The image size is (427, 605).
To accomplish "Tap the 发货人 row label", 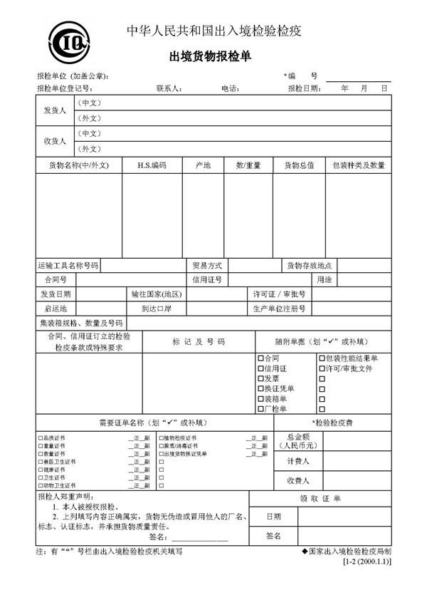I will tap(55, 110).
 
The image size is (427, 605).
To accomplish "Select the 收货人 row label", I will tap(55, 141).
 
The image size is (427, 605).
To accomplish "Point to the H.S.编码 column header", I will tap(152, 165).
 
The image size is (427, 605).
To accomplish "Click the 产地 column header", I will tap(203, 165).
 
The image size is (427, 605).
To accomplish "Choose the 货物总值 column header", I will tap(300, 165).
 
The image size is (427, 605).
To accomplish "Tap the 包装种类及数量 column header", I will tap(358, 165).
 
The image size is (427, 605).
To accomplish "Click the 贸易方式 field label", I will tap(207, 265).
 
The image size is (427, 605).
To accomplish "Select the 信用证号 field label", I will tap(207, 279).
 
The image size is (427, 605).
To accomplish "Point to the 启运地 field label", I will tap(55, 309).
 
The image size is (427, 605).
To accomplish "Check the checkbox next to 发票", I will tap(260, 379).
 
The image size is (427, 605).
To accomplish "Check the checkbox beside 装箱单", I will tap(260, 399).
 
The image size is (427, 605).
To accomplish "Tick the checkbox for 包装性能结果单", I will tap(322, 358).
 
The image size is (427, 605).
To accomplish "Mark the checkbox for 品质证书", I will tap(40, 438).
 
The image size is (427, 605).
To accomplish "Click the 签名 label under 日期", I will tap(274, 535).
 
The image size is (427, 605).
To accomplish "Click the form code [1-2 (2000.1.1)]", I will tap(367, 562).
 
